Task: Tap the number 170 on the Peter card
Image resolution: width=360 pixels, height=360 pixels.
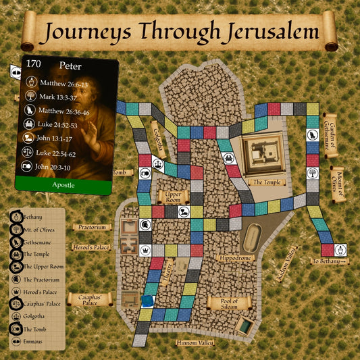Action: click(33, 65)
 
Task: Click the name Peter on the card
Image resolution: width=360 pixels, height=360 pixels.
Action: click(70, 66)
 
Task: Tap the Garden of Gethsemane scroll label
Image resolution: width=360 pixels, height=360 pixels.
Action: click(330, 134)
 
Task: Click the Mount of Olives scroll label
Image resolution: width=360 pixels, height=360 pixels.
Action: click(336, 183)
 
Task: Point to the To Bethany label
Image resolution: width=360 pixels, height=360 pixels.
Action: click(329, 261)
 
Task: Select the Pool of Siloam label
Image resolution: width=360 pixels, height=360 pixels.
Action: click(231, 303)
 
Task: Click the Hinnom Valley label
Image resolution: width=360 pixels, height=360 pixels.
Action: click(195, 343)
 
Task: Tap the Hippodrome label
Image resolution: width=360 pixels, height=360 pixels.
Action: click(234, 257)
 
